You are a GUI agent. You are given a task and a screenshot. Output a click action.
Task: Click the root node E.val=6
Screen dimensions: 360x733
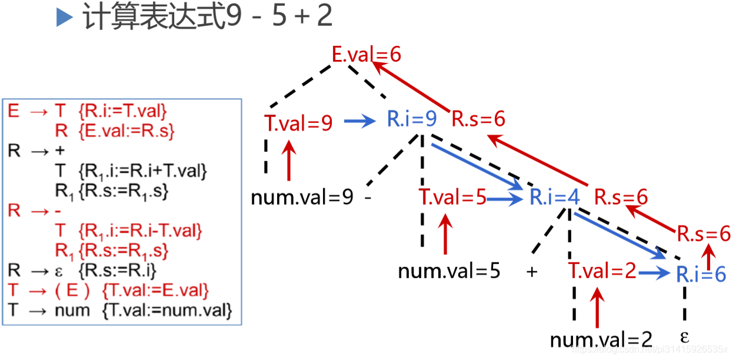click(x=366, y=55)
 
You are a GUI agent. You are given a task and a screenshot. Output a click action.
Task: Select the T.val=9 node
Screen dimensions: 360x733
click(x=298, y=123)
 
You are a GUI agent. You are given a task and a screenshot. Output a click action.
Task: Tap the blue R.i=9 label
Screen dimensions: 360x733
click(x=412, y=119)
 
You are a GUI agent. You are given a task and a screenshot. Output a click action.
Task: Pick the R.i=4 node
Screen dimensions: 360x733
click(x=555, y=197)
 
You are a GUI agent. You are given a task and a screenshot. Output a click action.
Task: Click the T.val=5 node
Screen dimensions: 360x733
click(x=452, y=197)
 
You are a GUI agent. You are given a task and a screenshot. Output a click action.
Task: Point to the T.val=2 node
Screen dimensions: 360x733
click(x=602, y=272)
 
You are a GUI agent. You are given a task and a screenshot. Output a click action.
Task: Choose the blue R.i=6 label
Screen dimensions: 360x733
click(x=701, y=274)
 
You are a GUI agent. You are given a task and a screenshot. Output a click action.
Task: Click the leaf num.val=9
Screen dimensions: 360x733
click(x=302, y=197)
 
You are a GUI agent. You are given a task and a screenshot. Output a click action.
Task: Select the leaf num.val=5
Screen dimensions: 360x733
click(x=449, y=272)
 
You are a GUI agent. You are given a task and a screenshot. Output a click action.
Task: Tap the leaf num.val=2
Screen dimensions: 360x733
click(x=601, y=339)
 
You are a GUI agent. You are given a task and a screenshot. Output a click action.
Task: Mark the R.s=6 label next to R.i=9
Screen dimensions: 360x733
click(x=478, y=119)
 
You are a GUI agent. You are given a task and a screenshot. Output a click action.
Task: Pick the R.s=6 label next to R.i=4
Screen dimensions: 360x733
click(x=621, y=197)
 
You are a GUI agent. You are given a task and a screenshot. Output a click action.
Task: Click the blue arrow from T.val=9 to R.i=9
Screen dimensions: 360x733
click(x=359, y=122)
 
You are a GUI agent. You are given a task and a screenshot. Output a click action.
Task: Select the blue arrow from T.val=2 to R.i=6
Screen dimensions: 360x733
click(x=654, y=273)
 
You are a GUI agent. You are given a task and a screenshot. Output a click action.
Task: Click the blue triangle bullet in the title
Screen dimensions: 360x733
click(x=64, y=18)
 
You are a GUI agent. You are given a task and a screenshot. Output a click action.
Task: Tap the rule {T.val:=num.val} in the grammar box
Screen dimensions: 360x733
click(x=167, y=309)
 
